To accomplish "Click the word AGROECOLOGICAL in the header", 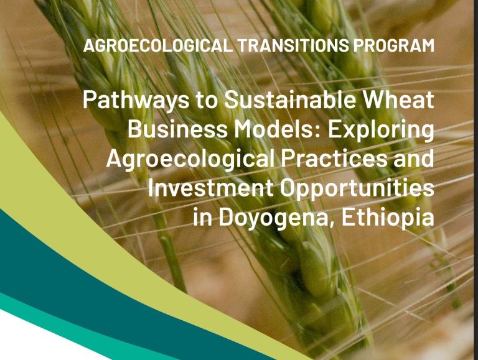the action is pos(157,45).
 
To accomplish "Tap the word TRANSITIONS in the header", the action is pos(293,45).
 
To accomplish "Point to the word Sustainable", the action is pos(290,99).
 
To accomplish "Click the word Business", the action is pos(178,129).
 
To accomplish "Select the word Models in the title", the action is pos(274,129).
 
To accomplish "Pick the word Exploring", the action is pos(381,130).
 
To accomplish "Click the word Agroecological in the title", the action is pos(190,159).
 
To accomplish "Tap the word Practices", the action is pos(334,159).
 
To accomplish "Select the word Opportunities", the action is pos(357,189).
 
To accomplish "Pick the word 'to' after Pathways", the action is pos(206,101).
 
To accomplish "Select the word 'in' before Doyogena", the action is pos(203,218).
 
